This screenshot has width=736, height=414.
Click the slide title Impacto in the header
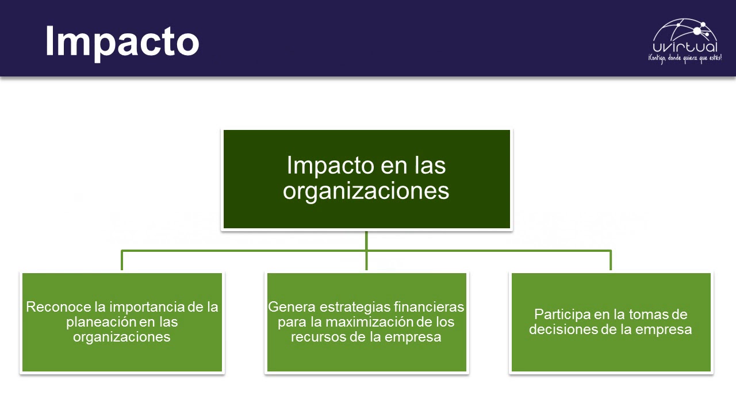click(122, 41)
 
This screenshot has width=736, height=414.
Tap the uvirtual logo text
click(685, 47)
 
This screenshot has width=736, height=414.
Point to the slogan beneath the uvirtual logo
click(684, 59)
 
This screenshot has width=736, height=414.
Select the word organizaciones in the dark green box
click(366, 191)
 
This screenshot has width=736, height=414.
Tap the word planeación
click(101, 322)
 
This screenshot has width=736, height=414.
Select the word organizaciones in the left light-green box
click(121, 337)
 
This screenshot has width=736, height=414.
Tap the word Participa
click(561, 315)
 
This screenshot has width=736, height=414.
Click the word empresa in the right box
click(667, 329)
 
